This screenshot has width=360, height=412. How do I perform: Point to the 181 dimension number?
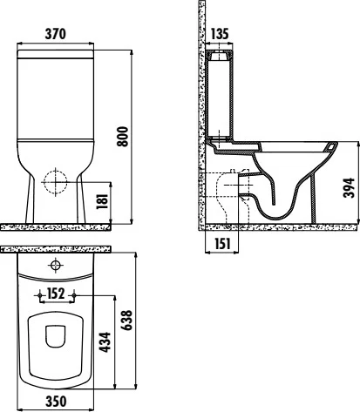[103, 202]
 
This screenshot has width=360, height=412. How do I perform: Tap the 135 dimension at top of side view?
[220, 34]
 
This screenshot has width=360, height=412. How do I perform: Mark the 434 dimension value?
[103, 342]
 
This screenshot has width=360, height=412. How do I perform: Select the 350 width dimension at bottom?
[56, 402]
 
